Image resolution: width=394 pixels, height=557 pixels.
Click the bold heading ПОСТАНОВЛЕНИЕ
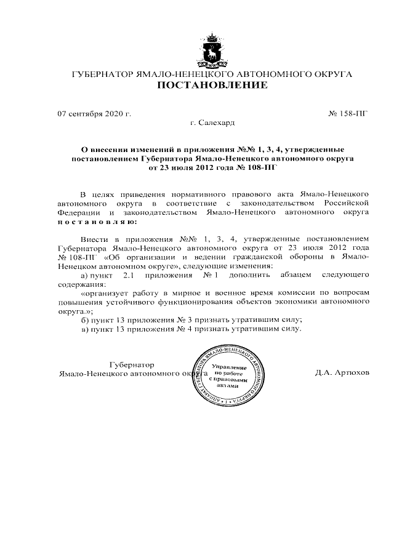pyautogui.click(x=212, y=85)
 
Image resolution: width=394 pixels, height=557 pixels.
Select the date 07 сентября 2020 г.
pyautogui.click(x=94, y=114)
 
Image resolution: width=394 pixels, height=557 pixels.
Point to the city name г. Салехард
pyautogui.click(x=212, y=123)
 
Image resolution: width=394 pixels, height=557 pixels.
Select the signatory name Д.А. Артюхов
pyautogui.click(x=342, y=374)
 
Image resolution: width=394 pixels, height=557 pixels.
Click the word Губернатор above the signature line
pyautogui.click(x=132, y=364)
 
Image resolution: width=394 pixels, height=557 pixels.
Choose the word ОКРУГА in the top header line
pyautogui.click(x=331, y=74)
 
